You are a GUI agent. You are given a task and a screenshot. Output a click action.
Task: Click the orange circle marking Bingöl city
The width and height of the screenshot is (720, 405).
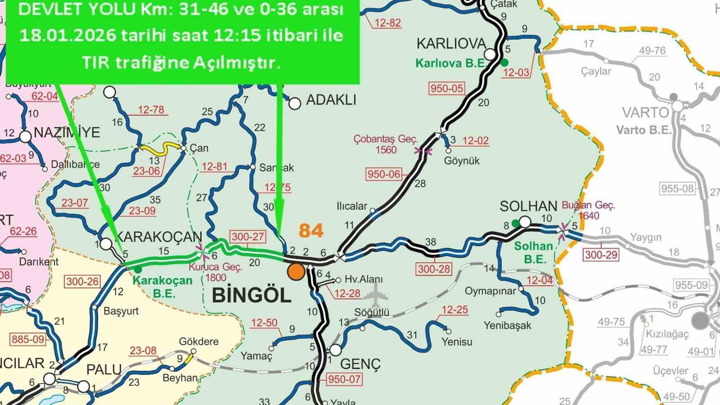coord(296,272)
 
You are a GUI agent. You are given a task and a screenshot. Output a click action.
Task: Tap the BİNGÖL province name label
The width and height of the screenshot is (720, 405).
coord(251,295)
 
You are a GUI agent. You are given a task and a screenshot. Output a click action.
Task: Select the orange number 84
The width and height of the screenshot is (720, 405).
coord(311,231)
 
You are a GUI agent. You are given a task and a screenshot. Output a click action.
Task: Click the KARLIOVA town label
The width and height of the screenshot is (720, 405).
coord(451,44)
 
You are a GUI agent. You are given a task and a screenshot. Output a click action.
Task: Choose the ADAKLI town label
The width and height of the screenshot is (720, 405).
coord(331,101)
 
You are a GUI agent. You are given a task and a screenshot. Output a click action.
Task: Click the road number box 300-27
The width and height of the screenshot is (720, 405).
coord(247,237)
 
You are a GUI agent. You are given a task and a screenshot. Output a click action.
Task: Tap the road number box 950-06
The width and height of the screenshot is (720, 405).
coord(384,174)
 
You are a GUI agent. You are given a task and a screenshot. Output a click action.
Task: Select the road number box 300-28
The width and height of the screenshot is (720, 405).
coord(434,269)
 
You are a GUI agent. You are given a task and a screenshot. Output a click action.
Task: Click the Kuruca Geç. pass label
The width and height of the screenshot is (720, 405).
coord(215,272)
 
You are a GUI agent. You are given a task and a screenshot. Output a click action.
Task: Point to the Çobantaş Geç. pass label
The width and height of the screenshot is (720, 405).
coord(385,144)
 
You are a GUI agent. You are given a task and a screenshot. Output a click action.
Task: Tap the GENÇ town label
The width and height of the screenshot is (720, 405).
coord(360,363)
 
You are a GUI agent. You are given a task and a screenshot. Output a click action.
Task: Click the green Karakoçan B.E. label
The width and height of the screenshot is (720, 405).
coord(163,286)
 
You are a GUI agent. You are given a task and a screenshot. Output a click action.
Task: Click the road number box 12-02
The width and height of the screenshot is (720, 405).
coord(475,141)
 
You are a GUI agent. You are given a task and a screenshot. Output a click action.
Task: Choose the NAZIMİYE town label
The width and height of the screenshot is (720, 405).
coord(66,133)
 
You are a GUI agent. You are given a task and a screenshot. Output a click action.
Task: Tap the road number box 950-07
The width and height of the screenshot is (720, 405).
coord(344,379)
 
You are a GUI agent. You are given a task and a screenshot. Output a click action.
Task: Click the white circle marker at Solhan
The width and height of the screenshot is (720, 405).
coord(524,222)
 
